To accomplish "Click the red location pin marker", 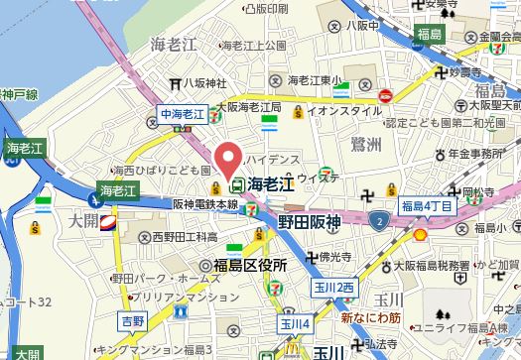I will [230, 160].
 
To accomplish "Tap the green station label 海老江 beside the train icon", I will [269, 183].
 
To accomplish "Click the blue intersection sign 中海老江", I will [182, 115].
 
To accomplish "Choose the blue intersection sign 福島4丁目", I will [427, 205].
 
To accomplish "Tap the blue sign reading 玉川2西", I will [333, 288].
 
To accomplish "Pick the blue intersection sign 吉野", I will [132, 323].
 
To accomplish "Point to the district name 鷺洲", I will [366, 146].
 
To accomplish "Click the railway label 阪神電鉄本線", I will [204, 203].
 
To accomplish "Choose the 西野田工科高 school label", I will [185, 237].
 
